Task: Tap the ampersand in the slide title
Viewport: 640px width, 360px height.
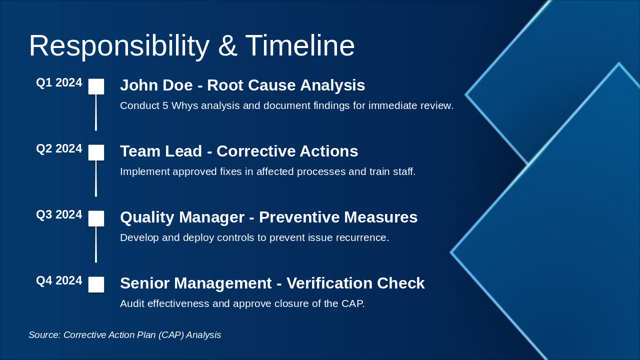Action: point(227,45)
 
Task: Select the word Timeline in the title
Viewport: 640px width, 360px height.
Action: point(299,45)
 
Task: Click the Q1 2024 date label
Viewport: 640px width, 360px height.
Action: point(59,82)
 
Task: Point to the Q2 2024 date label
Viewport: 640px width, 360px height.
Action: point(59,148)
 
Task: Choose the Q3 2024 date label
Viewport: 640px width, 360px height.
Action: point(59,214)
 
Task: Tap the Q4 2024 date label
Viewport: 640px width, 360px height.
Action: point(59,280)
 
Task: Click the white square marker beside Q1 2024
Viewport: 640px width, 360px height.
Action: point(96,86)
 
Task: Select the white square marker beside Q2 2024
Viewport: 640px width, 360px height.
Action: point(96,152)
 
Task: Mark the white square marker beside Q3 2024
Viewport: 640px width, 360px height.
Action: point(96,218)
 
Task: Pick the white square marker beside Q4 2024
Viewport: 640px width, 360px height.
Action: point(96,284)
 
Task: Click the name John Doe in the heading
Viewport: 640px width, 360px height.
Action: point(156,85)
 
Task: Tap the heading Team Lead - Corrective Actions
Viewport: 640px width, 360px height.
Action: point(239,151)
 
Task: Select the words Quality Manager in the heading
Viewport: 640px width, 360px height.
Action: point(182,217)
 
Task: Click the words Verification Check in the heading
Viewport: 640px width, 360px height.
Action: point(355,283)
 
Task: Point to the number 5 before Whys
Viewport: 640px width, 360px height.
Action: point(165,105)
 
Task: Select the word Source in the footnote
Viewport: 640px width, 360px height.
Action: point(44,335)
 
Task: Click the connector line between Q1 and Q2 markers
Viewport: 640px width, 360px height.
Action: point(96,112)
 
